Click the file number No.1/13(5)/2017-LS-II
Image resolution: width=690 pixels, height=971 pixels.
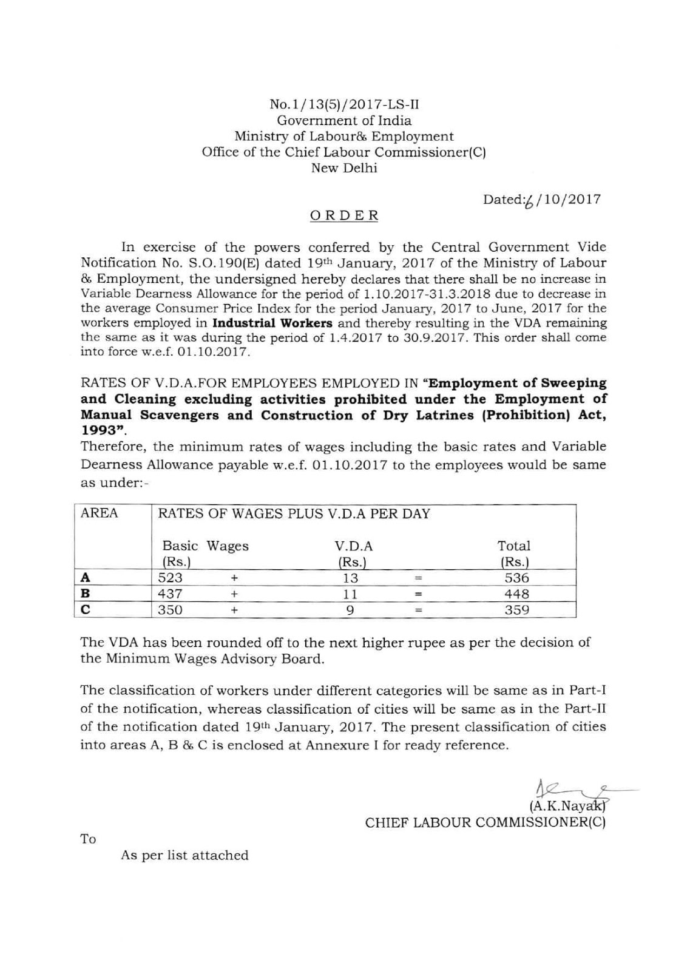344,104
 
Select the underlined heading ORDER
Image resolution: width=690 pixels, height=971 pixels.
344,215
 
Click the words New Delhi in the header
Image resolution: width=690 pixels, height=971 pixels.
344,168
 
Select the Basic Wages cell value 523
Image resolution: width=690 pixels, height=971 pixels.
171,578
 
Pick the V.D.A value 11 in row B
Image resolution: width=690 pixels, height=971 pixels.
350,594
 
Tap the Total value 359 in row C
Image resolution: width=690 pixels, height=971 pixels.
517,610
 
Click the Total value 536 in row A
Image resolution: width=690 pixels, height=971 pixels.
517,578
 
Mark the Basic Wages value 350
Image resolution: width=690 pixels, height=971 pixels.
171,610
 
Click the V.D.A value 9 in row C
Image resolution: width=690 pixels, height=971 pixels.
350,610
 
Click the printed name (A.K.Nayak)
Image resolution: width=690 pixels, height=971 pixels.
568,806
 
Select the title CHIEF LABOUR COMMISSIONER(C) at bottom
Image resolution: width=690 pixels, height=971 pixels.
485,823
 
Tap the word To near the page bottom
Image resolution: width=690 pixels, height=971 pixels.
88,839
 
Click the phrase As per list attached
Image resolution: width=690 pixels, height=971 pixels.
184,855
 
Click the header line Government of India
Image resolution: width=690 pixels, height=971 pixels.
344,120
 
